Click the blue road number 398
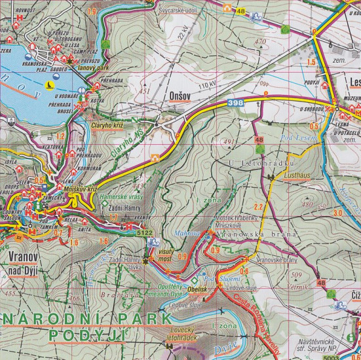click(237, 103)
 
